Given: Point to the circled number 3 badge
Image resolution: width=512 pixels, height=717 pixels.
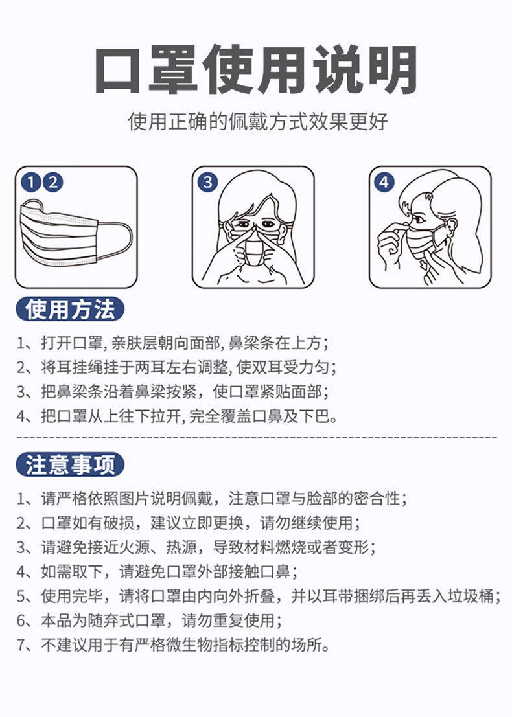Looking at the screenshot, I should click(x=207, y=183).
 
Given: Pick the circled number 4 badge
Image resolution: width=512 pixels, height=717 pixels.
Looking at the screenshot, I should click(x=384, y=183).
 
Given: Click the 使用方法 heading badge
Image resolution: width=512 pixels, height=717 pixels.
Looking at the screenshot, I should click(x=69, y=309).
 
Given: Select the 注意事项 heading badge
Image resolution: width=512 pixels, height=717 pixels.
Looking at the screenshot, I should click(x=69, y=464).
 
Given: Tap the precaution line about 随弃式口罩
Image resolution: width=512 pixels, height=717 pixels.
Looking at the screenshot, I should click(x=150, y=620).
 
